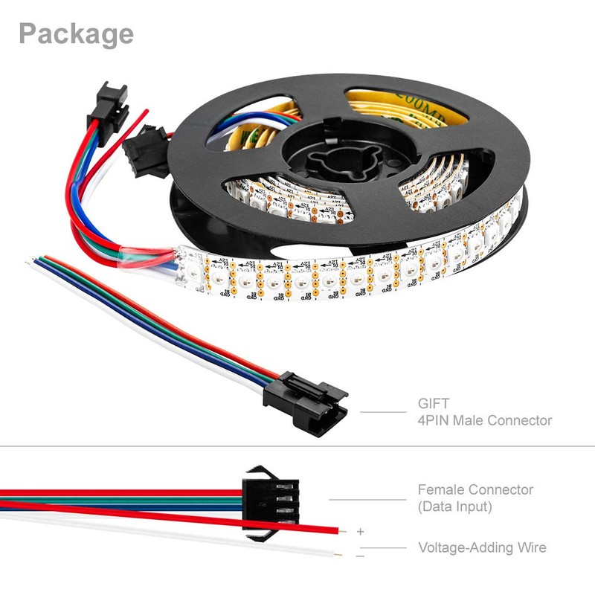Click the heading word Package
click(76, 33)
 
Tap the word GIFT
click(433, 405)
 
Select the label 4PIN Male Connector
click(484, 420)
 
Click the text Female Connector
click(475, 489)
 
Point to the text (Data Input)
click(455, 507)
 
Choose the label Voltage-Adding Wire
click(482, 547)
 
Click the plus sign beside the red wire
click(361, 532)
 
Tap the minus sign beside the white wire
click(360, 556)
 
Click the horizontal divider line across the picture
click(297, 447)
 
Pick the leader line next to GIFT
click(384, 412)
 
